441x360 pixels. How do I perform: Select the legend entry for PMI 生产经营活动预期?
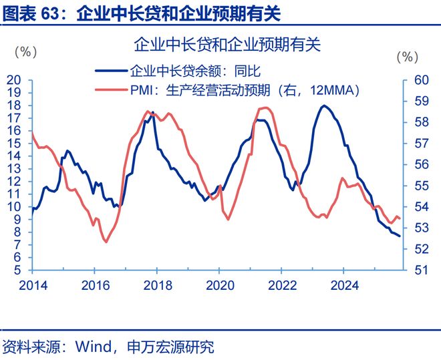click(x=241, y=90)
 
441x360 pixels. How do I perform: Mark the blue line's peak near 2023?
click(x=324, y=106)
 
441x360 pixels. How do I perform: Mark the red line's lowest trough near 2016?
click(x=106, y=242)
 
